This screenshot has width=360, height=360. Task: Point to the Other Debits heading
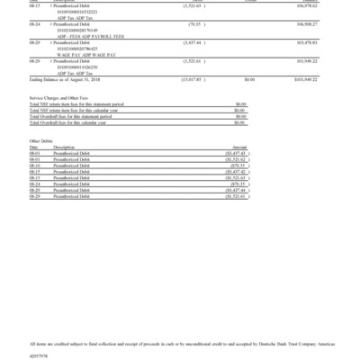coord(40,141)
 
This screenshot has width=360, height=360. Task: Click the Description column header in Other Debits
coord(64,147)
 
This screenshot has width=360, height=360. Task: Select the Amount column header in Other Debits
coord(239,147)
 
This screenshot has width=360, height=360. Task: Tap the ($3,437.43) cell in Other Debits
coord(235,152)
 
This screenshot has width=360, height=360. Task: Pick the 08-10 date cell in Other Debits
coord(35,165)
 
